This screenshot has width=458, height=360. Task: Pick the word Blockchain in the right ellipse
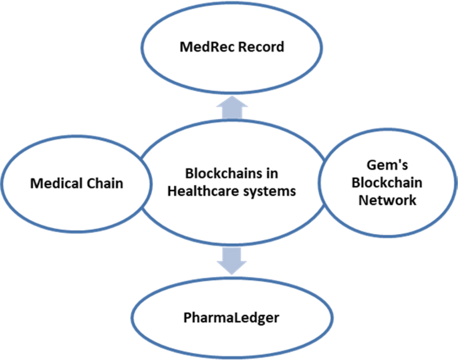[387, 183]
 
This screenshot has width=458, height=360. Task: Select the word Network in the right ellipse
[387, 200]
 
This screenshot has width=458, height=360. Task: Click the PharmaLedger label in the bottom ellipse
[231, 318]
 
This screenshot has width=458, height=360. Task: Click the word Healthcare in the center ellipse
[203, 191]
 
